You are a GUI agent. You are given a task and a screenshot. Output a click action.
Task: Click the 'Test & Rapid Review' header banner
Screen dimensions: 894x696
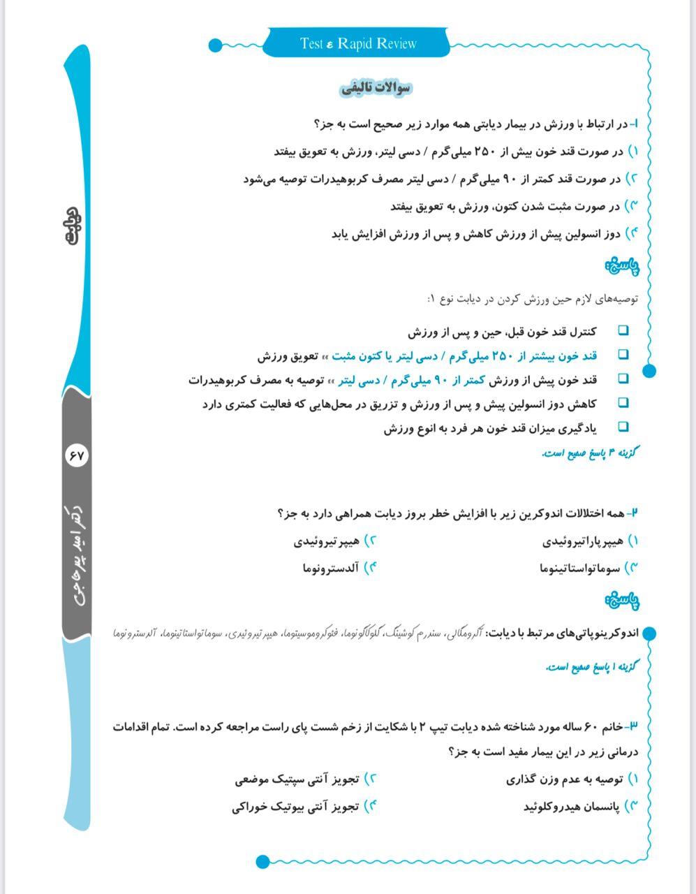pos(358,44)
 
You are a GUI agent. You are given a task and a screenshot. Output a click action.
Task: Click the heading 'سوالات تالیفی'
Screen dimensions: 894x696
pos(376,89)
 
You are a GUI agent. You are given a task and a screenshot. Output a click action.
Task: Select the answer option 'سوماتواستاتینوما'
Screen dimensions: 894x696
pos(580,569)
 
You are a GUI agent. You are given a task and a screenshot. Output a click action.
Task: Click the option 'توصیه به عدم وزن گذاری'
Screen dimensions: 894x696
pos(565,779)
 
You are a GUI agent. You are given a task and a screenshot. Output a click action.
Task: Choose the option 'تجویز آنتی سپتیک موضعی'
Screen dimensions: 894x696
pos(297,779)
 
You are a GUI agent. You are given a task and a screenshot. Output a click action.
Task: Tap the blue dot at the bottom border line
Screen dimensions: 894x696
pos(262,861)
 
